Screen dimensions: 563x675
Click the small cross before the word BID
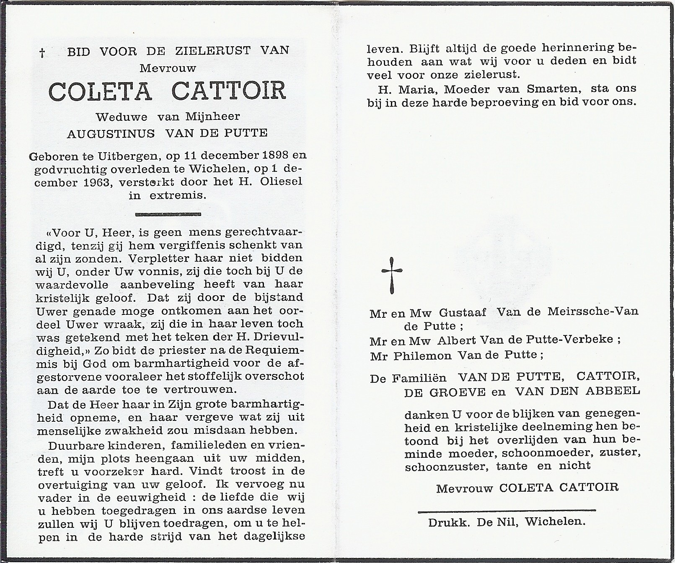pos(42,52)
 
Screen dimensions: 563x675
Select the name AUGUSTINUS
pos(111,133)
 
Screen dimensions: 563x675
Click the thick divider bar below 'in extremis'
pos(168,214)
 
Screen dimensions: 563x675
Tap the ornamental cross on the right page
pos(392,275)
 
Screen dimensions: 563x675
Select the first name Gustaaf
pos(463,312)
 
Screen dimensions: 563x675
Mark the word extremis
pos(179,195)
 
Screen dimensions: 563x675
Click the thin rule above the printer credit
pos(507,511)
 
